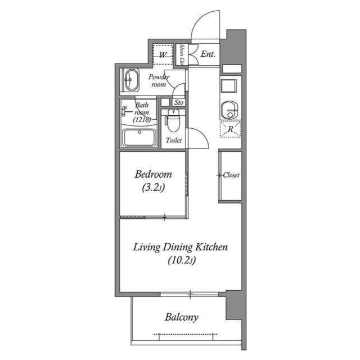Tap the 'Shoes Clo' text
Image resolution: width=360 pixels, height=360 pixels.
pos(182,55)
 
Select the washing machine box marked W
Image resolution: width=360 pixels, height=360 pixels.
pos(163,55)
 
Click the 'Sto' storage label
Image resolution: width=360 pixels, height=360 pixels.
pos(179,102)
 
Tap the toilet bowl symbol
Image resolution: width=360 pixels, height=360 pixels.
pos(173,121)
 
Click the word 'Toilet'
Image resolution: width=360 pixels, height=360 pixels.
pos(173,141)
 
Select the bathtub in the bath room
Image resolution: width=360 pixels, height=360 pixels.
pos(139,138)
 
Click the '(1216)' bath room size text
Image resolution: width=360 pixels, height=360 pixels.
pos(142,120)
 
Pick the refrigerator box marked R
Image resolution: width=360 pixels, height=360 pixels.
pos(231,129)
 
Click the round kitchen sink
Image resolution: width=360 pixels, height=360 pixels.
pos(231,109)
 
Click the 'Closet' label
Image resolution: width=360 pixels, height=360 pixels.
pos(231,175)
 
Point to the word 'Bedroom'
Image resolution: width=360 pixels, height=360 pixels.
pos(153,174)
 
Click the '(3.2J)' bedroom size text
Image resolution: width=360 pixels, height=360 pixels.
pos(153,189)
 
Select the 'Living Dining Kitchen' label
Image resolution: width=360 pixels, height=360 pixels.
pos(180,247)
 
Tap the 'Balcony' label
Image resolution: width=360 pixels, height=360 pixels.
pos(181,317)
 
